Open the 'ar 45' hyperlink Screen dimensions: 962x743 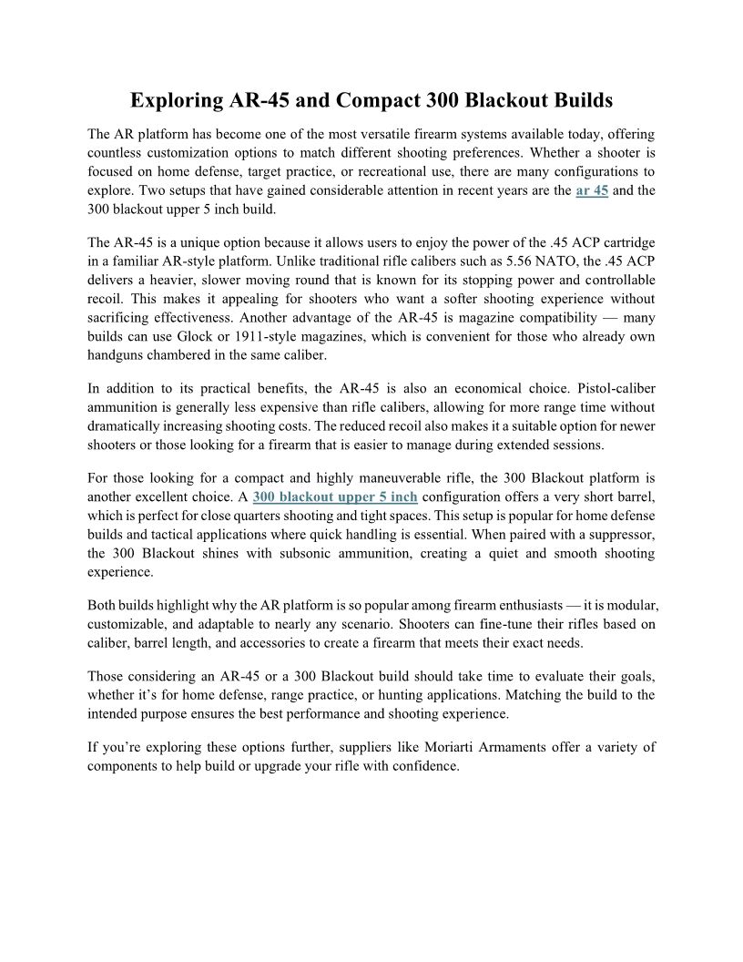point(592,191)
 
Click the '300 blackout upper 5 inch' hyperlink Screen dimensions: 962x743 point(335,496)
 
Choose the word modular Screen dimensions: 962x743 point(627,605)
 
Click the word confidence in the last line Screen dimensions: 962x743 point(425,766)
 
